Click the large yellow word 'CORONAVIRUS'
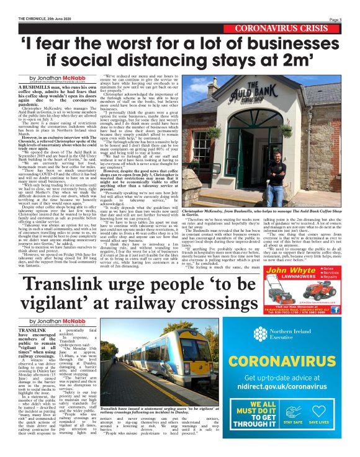click(298, 360)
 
